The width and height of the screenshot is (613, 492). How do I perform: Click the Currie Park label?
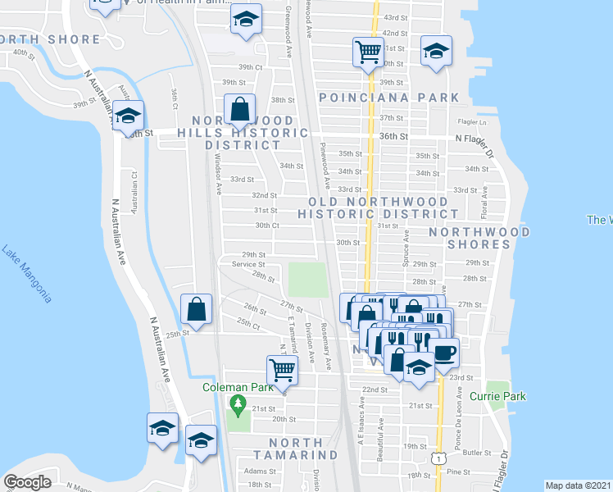click(x=497, y=396)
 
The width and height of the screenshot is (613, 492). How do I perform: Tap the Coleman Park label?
click(x=237, y=387)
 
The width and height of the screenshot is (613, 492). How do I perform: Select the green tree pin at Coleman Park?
click(x=238, y=403)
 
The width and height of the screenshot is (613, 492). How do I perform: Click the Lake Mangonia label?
click(x=27, y=274)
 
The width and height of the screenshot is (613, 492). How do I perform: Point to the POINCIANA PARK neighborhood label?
click(x=389, y=98)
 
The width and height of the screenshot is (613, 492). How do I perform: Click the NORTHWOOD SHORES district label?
click(x=479, y=238)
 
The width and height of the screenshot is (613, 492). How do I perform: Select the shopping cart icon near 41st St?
click(x=368, y=52)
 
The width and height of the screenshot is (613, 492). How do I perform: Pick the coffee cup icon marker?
click(x=445, y=353)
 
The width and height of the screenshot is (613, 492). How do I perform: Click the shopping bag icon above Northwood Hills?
click(x=240, y=107)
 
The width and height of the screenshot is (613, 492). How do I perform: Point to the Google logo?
click(x=28, y=481)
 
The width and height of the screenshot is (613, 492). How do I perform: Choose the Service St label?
click(x=248, y=264)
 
